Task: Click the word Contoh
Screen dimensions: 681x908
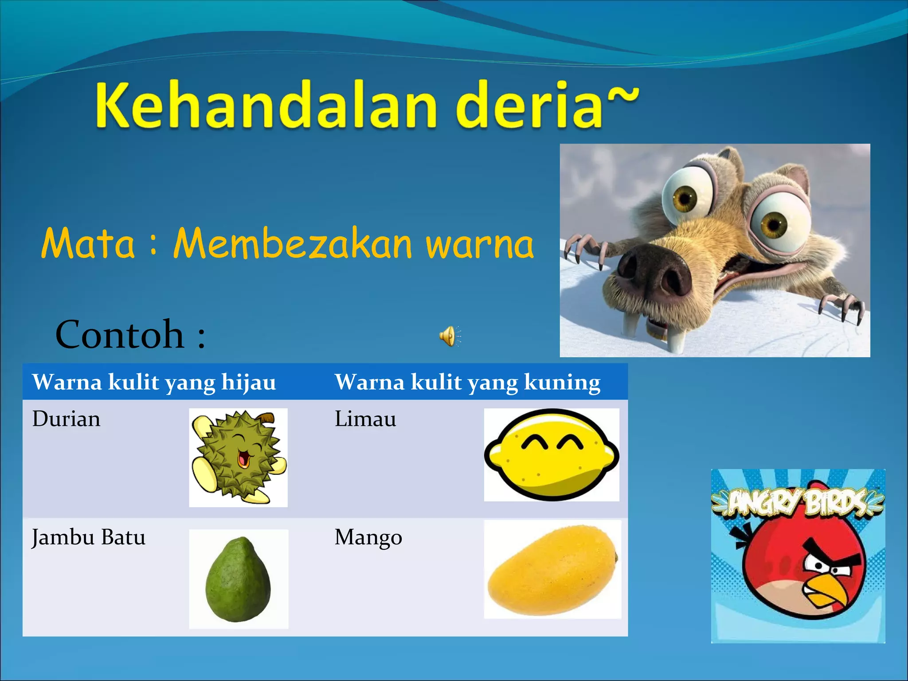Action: coord(120,335)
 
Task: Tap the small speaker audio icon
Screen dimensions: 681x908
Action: coord(449,336)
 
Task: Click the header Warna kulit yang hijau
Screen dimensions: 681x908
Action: coord(154,382)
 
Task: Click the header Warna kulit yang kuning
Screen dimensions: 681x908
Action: coord(467,382)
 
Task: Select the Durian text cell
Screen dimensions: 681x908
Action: coord(67,419)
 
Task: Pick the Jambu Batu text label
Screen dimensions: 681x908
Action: coord(89,537)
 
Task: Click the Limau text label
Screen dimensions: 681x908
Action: coord(365,419)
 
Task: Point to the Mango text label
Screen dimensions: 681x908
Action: coord(368,537)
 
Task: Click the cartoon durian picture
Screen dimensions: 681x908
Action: coord(239,458)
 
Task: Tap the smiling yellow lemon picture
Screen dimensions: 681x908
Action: coord(552,455)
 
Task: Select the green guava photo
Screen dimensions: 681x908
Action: coord(239,579)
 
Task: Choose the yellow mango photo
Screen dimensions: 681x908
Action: coord(552,570)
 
